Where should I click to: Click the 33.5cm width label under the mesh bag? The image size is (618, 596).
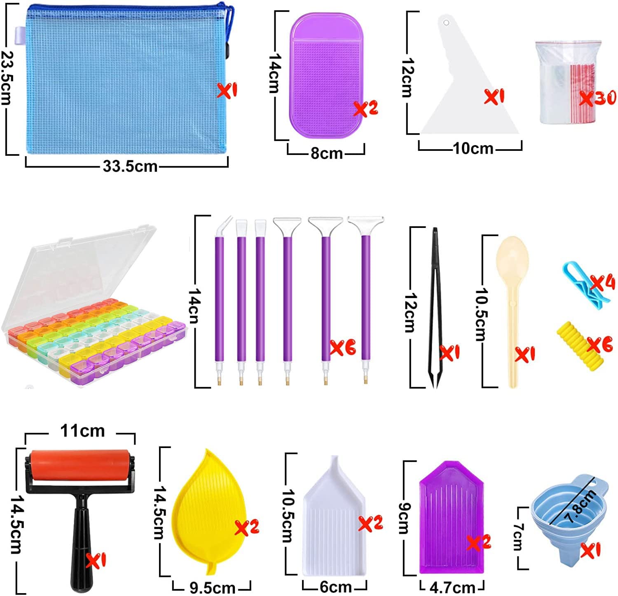point(130,166)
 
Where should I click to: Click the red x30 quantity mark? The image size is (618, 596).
point(597,98)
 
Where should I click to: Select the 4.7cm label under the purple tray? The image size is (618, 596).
point(452,587)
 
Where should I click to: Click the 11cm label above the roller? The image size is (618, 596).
point(82,431)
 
